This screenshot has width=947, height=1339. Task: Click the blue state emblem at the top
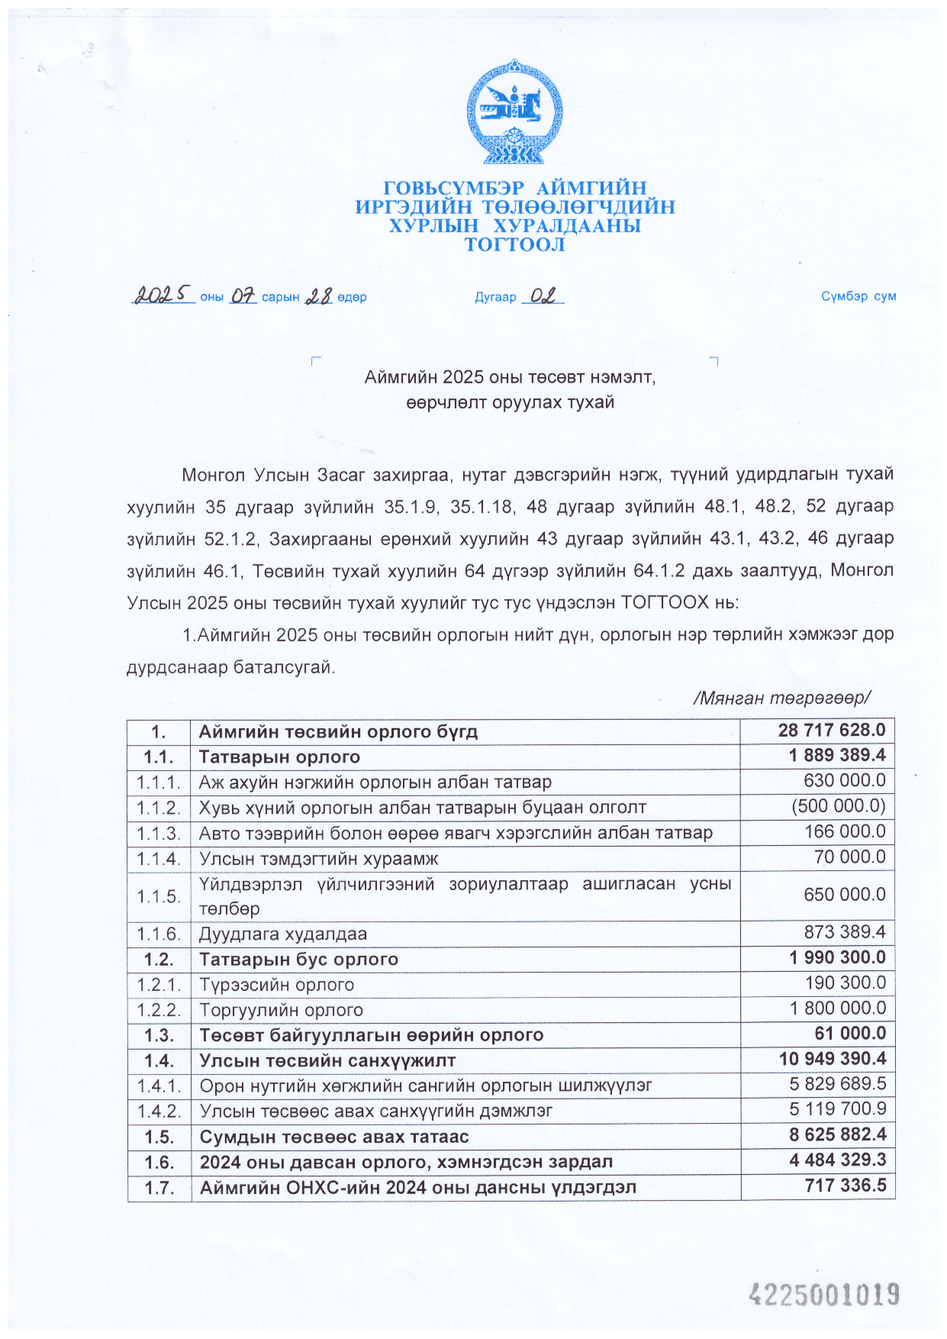tap(515, 111)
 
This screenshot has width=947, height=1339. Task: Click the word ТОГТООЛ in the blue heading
tap(515, 245)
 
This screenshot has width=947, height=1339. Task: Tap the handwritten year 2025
tap(163, 295)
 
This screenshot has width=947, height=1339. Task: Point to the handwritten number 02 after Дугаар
tap(543, 295)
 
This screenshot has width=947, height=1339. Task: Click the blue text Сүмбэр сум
tap(858, 296)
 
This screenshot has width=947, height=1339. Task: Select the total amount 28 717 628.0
tap(831, 731)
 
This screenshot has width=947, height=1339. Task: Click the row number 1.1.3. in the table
tap(159, 833)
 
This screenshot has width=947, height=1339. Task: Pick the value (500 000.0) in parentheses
tap(838, 806)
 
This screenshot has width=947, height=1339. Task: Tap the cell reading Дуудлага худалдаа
tap(283, 934)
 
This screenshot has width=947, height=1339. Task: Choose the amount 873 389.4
tap(845, 932)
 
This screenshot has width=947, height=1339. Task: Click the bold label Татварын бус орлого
tap(298, 959)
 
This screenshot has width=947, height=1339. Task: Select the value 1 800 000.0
tap(838, 1008)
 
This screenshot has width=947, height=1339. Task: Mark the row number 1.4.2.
tap(159, 1111)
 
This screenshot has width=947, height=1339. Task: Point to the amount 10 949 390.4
tap(833, 1059)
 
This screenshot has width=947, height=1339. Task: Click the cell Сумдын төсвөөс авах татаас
tap(334, 1137)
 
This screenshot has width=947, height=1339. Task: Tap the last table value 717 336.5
tap(846, 1186)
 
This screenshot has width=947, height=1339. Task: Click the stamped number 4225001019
tap(824, 1295)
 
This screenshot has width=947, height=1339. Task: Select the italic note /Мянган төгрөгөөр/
tap(782, 698)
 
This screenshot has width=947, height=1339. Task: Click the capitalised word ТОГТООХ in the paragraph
tap(665, 602)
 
